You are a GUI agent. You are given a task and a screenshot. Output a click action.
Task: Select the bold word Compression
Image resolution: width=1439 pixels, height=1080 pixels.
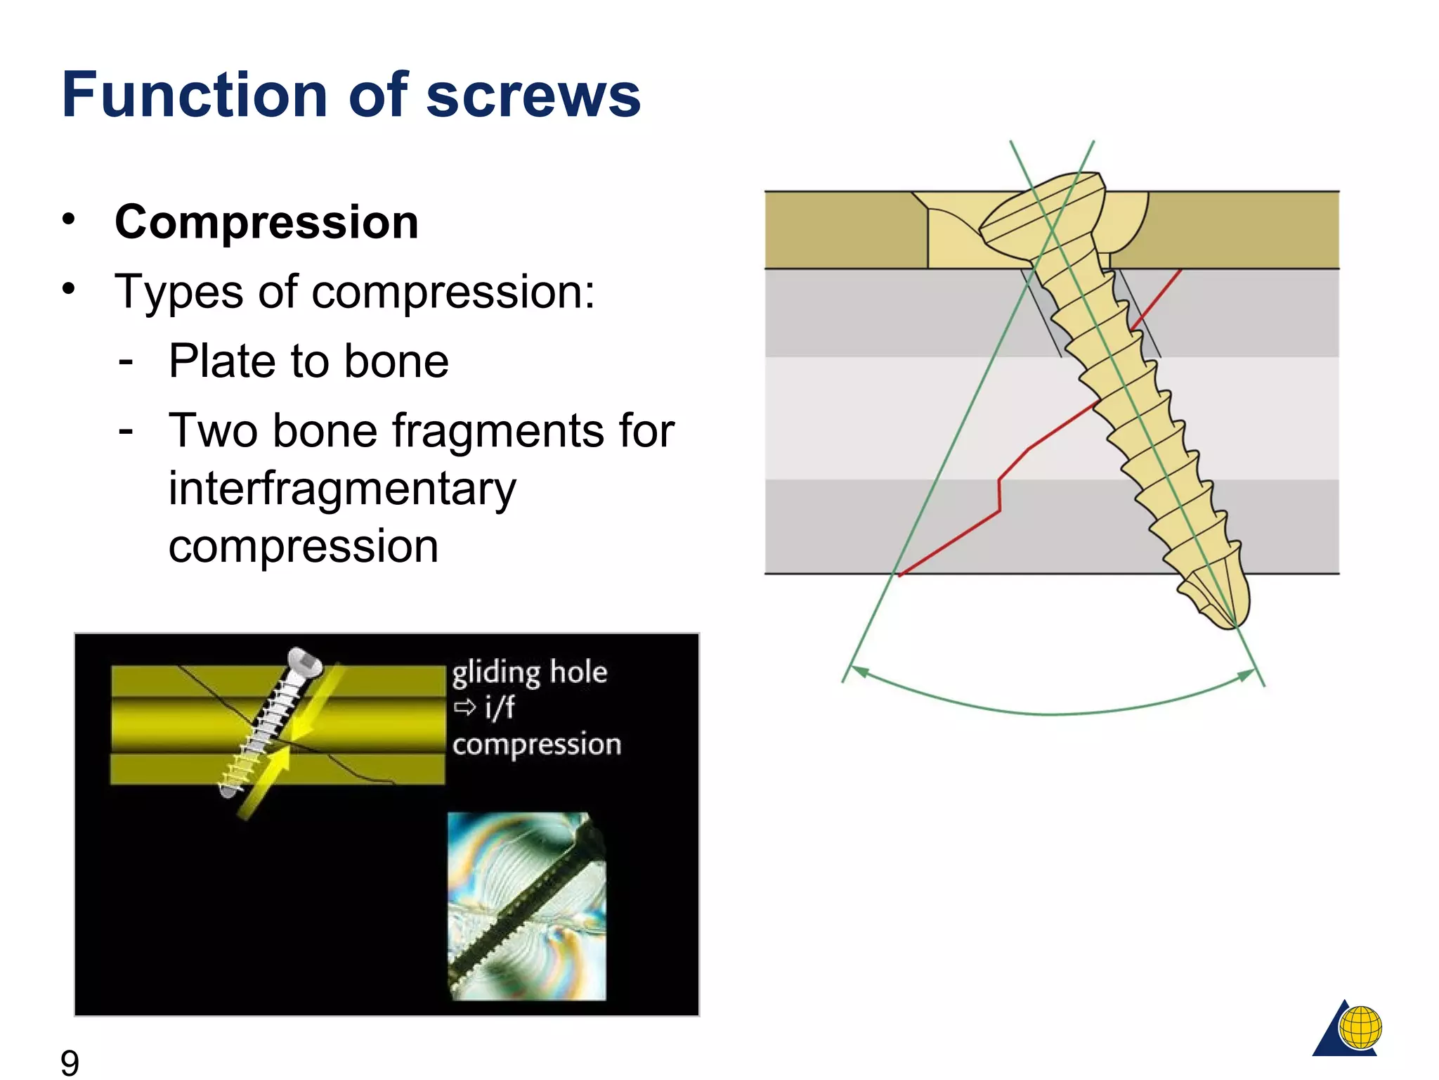[266, 222]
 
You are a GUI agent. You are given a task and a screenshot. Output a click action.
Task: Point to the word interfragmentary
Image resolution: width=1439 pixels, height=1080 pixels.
[342, 488]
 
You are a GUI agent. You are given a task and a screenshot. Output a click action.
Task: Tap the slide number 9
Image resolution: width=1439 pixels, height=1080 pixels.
[70, 1062]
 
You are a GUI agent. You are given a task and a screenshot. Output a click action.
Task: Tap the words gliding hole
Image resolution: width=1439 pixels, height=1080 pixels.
[529, 673]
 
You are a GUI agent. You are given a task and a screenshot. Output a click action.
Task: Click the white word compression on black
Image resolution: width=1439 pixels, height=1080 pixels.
[536, 744]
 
